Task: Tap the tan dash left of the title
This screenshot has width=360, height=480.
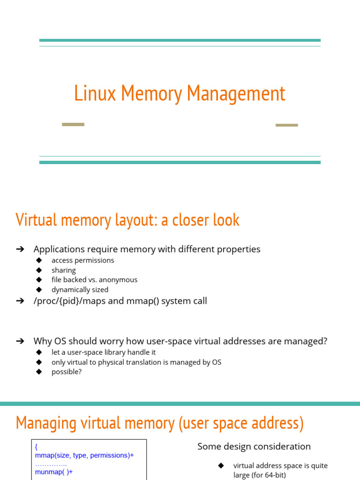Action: point(73,125)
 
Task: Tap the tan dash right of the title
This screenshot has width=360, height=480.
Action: point(286,125)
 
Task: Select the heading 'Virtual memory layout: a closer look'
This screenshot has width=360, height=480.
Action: point(127,220)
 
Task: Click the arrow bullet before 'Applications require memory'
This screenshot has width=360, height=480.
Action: point(20,249)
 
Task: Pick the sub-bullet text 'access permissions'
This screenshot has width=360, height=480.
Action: point(82,260)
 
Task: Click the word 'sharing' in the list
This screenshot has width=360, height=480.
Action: point(63,270)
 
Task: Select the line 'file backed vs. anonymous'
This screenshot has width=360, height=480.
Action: point(94,280)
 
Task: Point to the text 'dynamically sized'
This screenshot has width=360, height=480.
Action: point(80,290)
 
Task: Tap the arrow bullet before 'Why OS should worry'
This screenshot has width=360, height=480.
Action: point(20,341)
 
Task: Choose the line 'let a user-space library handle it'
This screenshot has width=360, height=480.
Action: point(103,352)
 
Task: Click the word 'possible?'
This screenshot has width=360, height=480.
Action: point(66,372)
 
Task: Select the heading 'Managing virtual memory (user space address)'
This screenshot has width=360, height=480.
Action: point(159,423)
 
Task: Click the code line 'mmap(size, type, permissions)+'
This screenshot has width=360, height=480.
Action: point(84,455)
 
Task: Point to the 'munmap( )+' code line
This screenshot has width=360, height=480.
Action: point(54,472)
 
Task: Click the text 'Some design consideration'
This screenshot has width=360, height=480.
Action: point(254,446)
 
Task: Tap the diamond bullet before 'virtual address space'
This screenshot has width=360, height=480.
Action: point(221,465)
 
